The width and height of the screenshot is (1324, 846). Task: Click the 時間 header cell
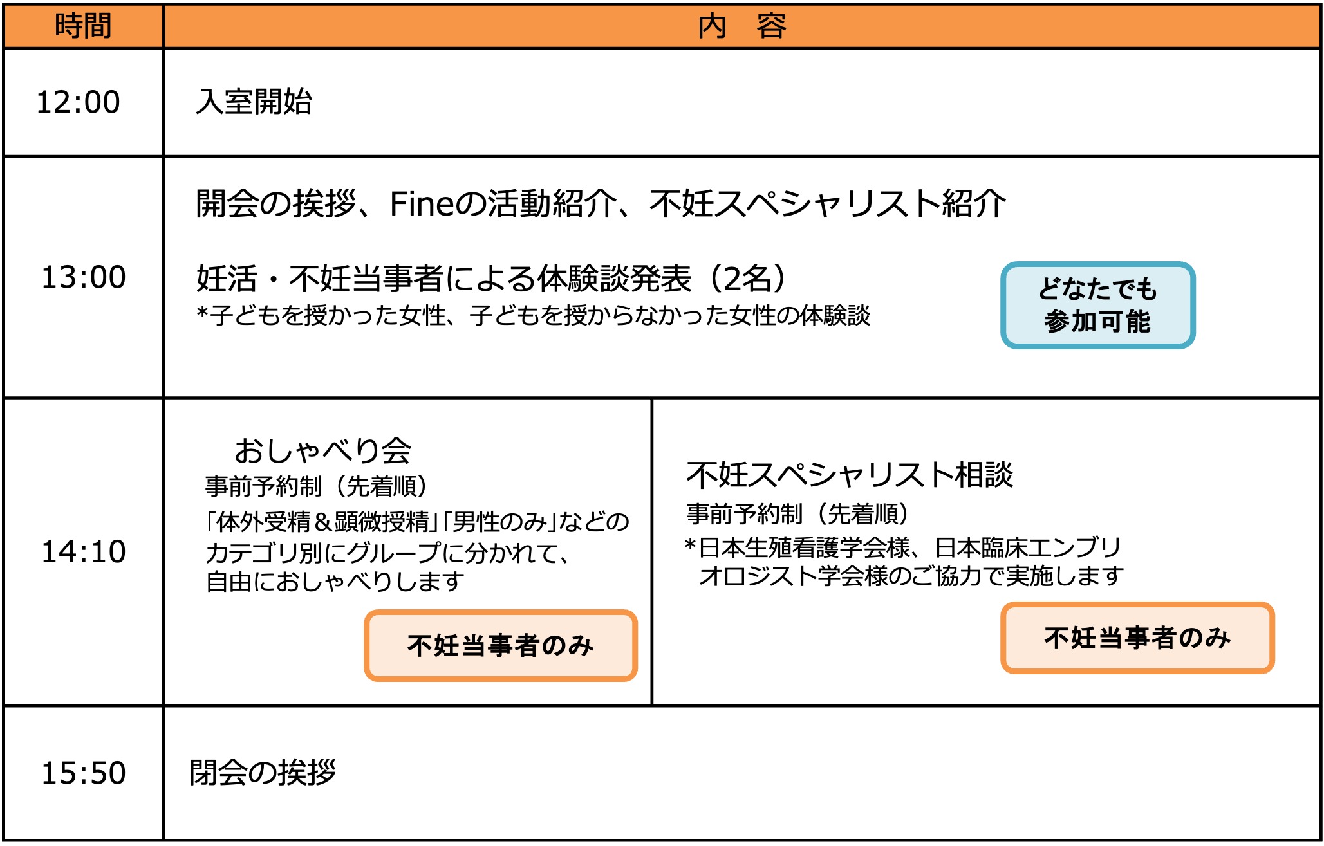click(84, 26)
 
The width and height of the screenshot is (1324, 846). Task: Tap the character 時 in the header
click(69, 26)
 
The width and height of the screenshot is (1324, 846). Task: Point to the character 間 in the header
click(98, 26)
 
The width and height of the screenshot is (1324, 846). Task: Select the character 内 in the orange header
click(712, 26)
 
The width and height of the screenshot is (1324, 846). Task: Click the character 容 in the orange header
click(771, 26)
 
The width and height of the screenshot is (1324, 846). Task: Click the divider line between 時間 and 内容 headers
click(163, 26)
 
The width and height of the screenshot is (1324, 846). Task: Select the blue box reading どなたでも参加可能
click(1097, 305)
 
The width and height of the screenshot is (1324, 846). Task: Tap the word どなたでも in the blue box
click(1097, 289)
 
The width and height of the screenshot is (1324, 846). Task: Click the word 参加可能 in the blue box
click(1097, 322)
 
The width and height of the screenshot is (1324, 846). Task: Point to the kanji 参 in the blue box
click(1057, 322)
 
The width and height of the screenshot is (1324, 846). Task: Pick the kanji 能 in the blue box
click(1138, 322)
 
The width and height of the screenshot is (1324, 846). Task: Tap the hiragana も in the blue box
click(1146, 289)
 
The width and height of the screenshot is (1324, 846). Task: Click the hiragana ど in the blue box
click(1050, 289)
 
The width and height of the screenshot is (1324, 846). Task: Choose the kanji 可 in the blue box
click(1111, 322)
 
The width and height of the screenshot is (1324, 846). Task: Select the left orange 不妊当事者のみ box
click(501, 645)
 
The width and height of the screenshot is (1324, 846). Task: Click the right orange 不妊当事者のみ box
click(1137, 638)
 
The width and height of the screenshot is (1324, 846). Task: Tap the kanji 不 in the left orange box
click(420, 645)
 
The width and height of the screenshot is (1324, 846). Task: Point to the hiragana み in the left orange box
click(581, 645)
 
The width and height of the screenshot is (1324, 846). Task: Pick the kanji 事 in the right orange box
click(1137, 638)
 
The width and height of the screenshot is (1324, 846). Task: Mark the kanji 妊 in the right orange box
click(1084, 638)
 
